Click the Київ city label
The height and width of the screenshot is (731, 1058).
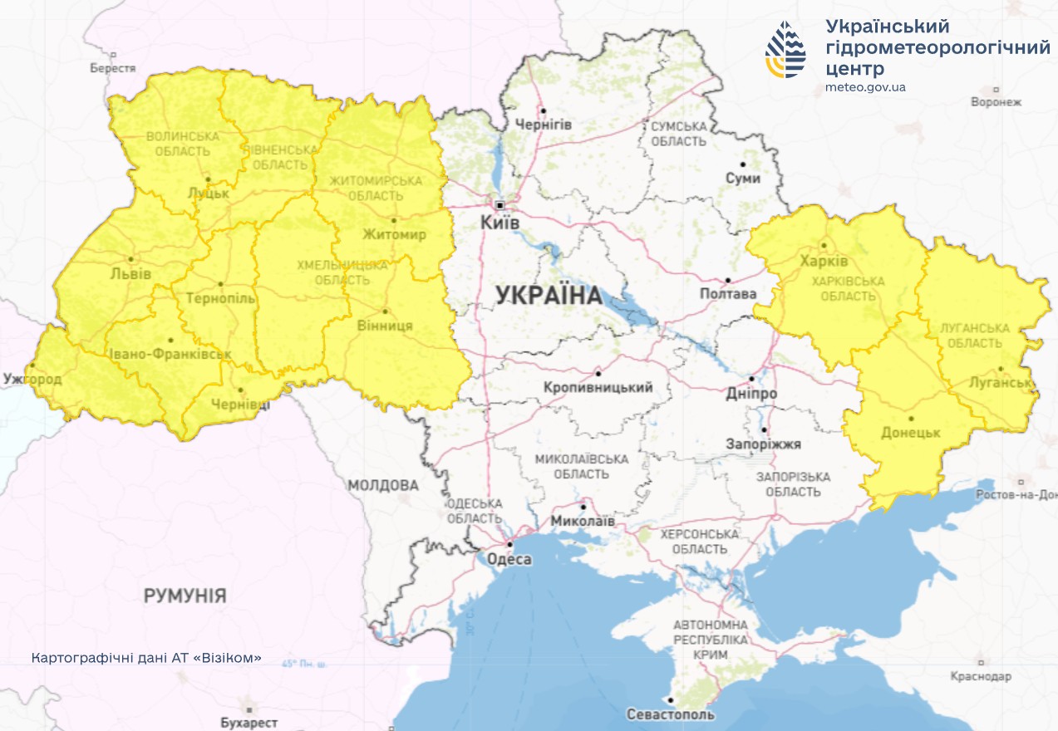(499, 223)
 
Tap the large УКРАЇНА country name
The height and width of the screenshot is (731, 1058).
(549, 295)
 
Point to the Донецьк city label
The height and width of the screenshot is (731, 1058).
(910, 434)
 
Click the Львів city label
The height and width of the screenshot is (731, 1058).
(130, 273)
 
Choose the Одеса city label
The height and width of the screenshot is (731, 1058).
(508, 559)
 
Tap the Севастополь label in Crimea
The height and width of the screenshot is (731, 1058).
(670, 714)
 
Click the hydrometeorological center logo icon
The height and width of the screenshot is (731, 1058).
(785, 50)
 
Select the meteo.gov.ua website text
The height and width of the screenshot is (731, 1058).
(865, 87)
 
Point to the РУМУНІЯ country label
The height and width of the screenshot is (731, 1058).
(185, 596)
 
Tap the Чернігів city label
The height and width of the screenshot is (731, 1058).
(544, 125)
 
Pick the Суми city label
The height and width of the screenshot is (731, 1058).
(743, 179)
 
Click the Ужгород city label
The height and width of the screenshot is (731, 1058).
(32, 379)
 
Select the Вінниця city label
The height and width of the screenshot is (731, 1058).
(384, 326)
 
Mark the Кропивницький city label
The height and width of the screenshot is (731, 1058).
(598, 388)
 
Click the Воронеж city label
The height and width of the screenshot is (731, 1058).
(996, 102)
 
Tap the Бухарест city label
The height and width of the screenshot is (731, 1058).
(249, 723)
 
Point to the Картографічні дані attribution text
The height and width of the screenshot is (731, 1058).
(146, 658)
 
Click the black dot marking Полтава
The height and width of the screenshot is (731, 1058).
(727, 281)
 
